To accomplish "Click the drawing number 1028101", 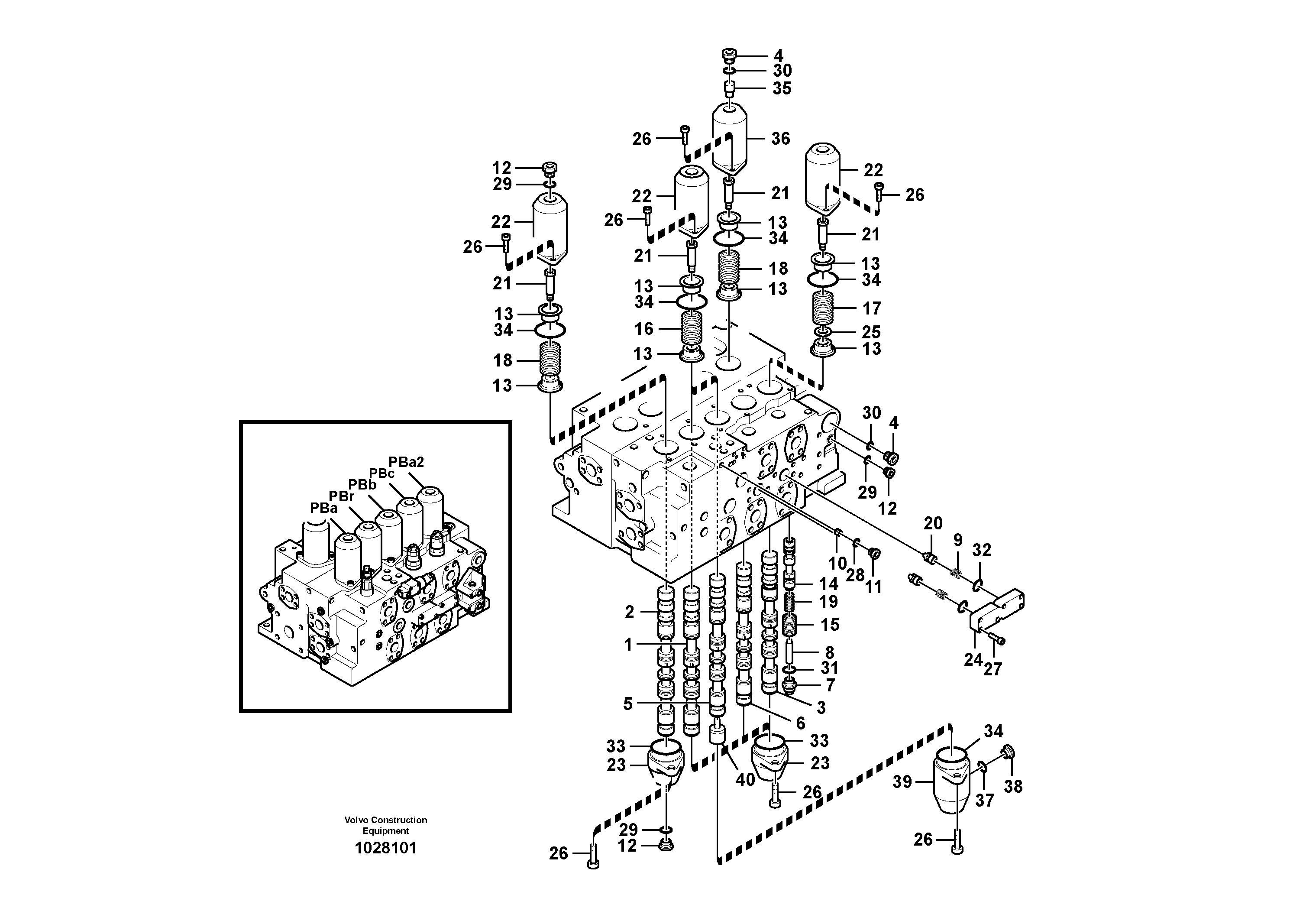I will pyautogui.click(x=385, y=848).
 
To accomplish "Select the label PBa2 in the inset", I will pyautogui.click(x=406, y=462).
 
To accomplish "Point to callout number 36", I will pyautogui.click(x=780, y=138).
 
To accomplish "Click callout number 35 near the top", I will pyautogui.click(x=782, y=88).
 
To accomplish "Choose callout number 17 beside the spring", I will pyautogui.click(x=872, y=308).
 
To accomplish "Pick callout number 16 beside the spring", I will pyautogui.click(x=644, y=328).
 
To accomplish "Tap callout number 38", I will pyautogui.click(x=1013, y=786).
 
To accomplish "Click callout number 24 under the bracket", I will pyautogui.click(x=973, y=660).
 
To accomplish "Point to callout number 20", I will pyautogui.click(x=933, y=523).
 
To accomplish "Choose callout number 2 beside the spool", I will pyautogui.click(x=629, y=612).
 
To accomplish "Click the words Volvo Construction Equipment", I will pyautogui.click(x=385, y=825).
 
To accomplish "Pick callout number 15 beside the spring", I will pyautogui.click(x=830, y=624).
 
